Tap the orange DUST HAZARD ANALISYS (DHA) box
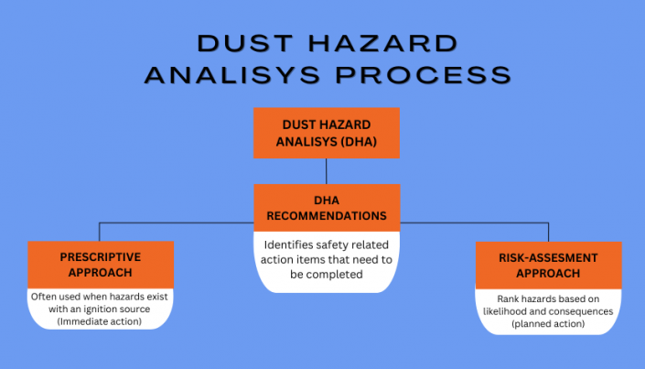[327, 133]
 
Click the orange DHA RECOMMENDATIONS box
[327, 208]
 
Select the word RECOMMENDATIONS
[327, 217]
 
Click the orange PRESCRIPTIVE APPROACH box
[100, 265]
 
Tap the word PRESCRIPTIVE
[100, 256]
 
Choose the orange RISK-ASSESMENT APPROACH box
[548, 265]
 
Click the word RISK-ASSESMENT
[548, 256]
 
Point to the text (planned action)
[548, 324]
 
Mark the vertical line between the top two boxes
[327, 171]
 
